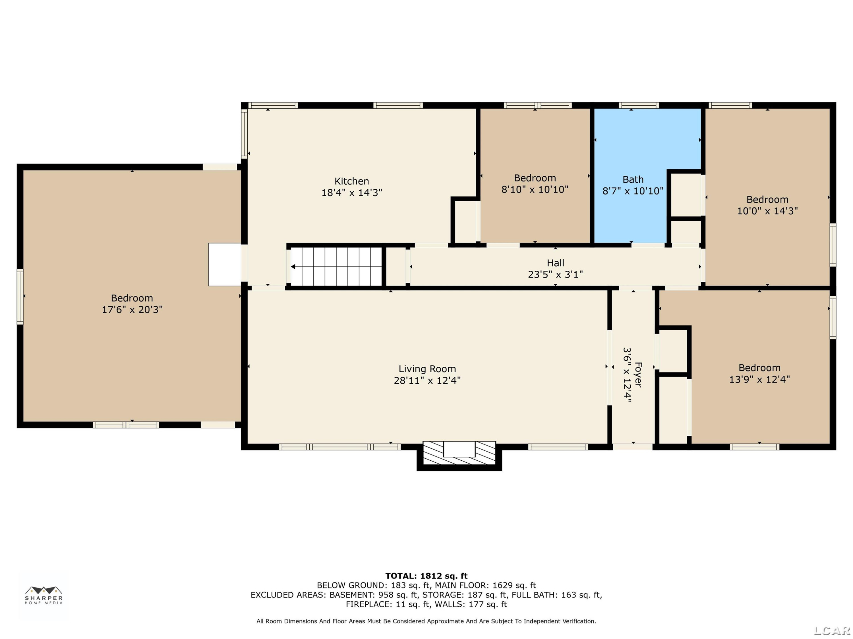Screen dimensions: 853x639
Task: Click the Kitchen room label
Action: (x=351, y=181)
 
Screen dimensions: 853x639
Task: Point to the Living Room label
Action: (x=427, y=369)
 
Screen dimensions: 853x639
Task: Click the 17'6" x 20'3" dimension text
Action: (x=132, y=310)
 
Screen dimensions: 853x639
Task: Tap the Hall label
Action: (x=555, y=263)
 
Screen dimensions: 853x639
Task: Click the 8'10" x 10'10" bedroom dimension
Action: (x=535, y=189)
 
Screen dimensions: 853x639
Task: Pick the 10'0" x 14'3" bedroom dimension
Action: (x=767, y=211)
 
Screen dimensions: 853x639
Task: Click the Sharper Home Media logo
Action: (x=44, y=595)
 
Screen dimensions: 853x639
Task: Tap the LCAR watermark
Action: (x=832, y=630)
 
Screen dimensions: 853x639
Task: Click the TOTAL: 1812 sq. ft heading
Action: (x=426, y=576)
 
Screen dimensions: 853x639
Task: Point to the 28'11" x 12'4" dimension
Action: (x=427, y=381)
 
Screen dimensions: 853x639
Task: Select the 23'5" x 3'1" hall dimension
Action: (x=555, y=275)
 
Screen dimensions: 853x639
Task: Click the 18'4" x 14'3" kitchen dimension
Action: (x=352, y=193)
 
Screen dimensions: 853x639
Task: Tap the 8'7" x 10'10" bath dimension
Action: (x=633, y=191)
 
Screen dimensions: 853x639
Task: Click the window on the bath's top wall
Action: (x=639, y=105)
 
